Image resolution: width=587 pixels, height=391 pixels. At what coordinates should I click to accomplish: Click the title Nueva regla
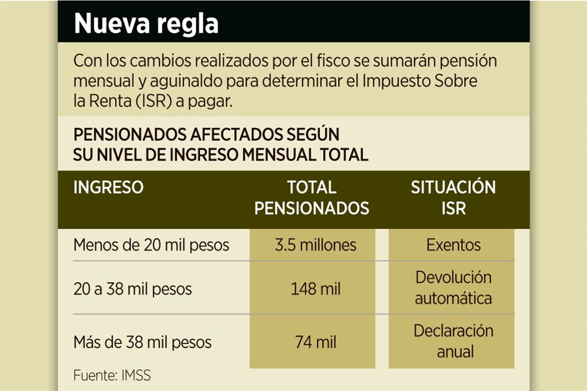tap(146, 24)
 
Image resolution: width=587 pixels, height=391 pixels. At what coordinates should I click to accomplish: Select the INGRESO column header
tap(108, 187)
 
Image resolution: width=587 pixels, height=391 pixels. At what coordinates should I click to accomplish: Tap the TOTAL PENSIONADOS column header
tap(312, 197)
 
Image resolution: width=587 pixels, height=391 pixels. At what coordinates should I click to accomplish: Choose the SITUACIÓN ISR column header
tap(453, 197)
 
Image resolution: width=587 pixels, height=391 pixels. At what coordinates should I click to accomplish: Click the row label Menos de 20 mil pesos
tap(151, 245)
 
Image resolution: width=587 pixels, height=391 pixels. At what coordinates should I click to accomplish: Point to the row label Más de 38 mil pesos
tap(142, 342)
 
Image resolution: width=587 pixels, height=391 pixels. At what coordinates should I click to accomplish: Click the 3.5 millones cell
tap(315, 245)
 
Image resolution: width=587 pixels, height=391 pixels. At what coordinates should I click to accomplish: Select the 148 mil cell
tap(315, 288)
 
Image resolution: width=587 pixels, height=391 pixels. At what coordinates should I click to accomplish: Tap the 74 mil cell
tap(315, 342)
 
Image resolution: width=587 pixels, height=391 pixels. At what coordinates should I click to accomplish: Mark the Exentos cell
tap(454, 245)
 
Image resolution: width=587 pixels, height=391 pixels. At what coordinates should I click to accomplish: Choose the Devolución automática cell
tap(454, 288)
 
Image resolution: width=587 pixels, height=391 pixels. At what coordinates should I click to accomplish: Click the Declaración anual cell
tap(454, 341)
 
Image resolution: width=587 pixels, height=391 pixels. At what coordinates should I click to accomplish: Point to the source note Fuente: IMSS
tap(111, 375)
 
